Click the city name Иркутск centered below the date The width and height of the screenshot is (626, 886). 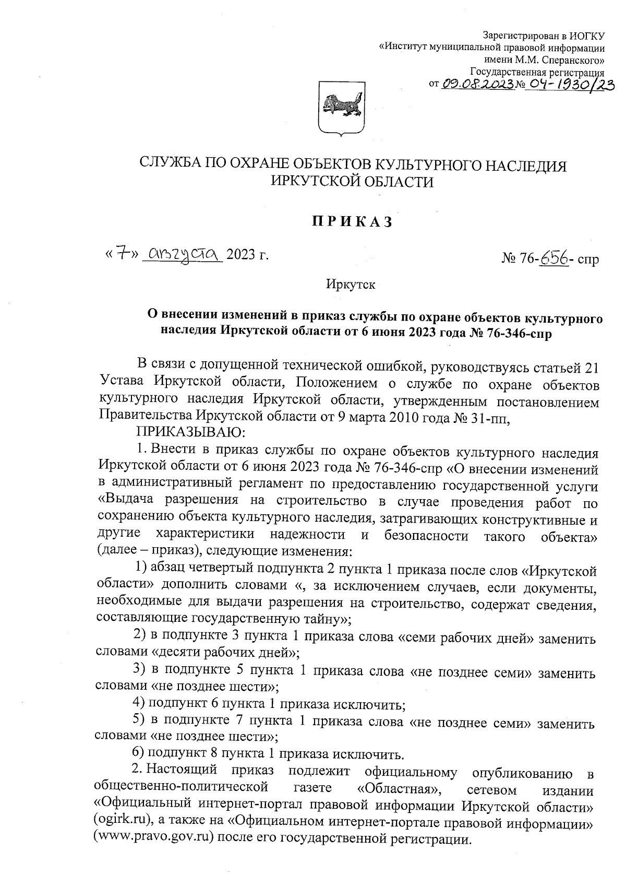pos(351,285)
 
